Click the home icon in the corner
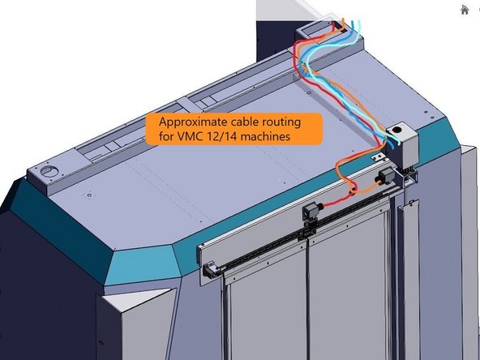coord(464,10)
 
